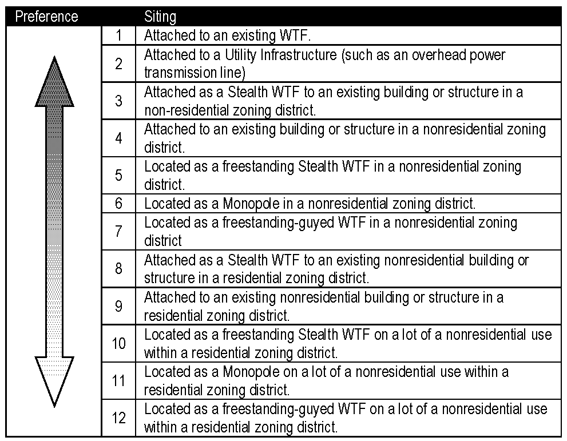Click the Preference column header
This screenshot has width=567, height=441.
click(46, 16)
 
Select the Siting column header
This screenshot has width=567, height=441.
click(160, 16)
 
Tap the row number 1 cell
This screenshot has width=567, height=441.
click(118, 35)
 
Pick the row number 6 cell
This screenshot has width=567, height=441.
click(118, 203)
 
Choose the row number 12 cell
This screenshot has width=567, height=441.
click(118, 418)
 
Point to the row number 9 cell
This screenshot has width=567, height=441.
click(118, 307)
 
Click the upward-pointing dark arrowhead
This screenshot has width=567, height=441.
click(54, 83)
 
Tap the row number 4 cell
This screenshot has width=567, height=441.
click(118, 138)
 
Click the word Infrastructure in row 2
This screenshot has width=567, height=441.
click(296, 55)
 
